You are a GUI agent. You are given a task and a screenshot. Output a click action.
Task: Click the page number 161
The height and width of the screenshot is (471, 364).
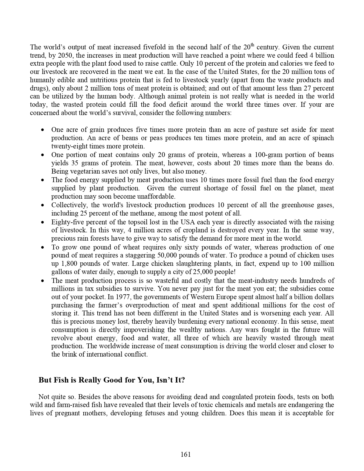tap(186, 454)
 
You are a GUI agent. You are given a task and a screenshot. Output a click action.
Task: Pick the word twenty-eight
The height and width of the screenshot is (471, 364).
tap(69, 146)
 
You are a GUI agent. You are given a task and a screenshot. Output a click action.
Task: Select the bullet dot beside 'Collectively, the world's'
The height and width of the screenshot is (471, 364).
tap(43, 205)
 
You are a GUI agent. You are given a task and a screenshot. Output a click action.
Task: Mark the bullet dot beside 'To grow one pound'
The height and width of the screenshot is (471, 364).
tap(43, 247)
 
